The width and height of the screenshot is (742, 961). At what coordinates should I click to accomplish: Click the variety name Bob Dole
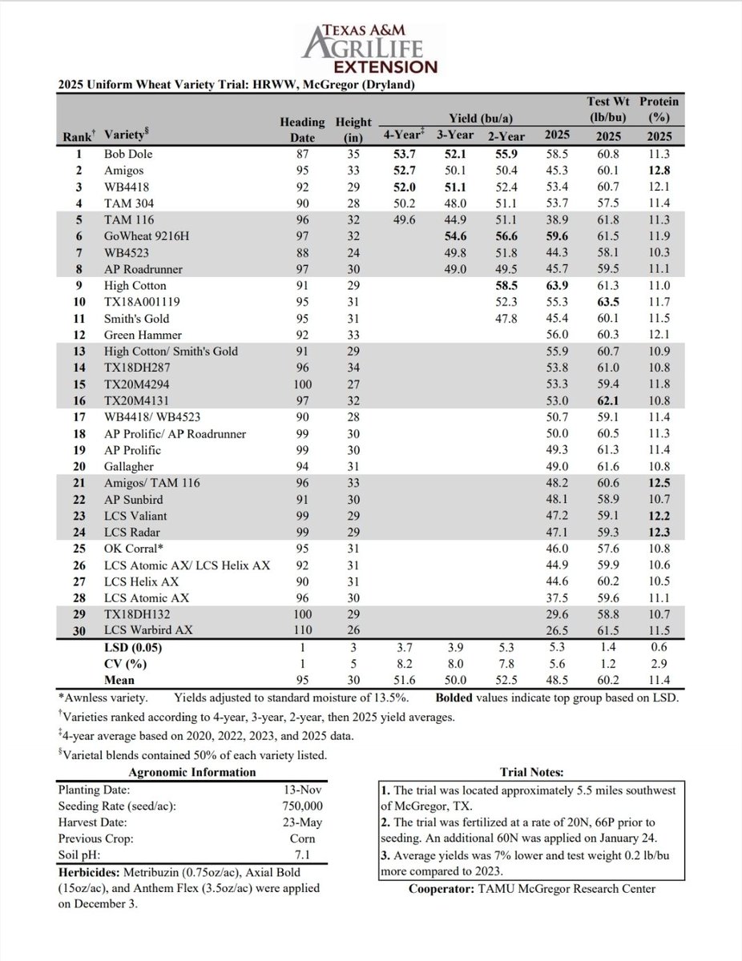click(128, 153)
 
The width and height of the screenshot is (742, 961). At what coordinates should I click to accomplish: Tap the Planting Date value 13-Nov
click(301, 789)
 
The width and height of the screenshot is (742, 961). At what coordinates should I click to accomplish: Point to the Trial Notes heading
click(530, 772)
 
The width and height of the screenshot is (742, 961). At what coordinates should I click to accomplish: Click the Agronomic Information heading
click(192, 772)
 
